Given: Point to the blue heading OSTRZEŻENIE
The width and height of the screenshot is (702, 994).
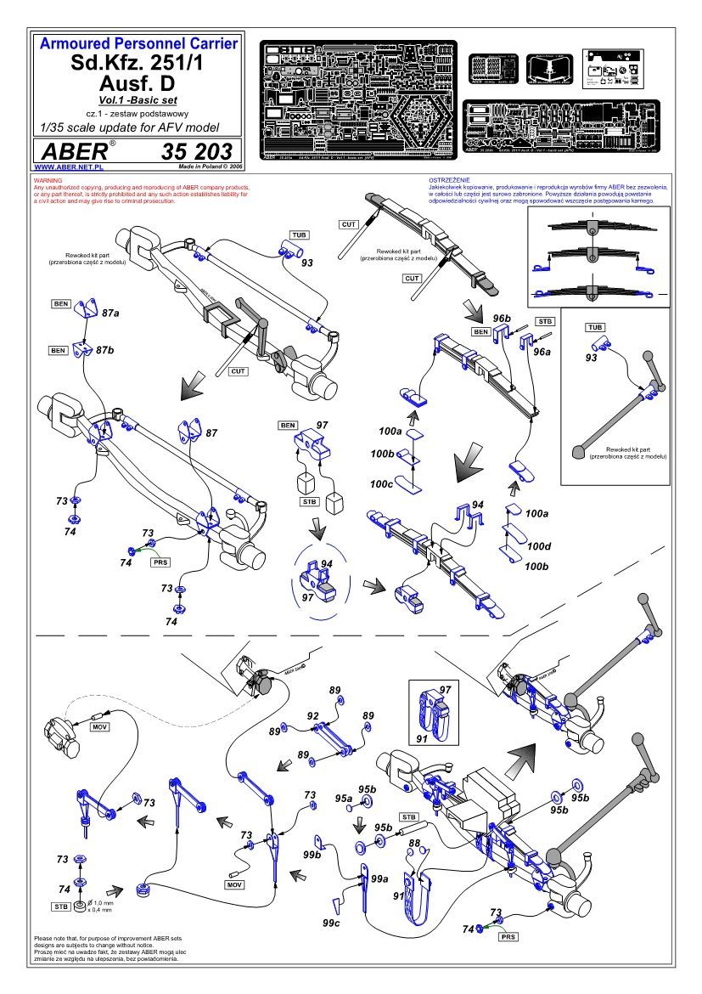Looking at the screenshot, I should click(450, 181).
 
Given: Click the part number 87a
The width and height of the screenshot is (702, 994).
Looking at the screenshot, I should click(110, 313).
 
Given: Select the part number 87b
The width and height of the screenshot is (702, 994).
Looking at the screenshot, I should click(105, 350).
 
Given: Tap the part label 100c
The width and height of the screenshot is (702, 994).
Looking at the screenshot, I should click(380, 483).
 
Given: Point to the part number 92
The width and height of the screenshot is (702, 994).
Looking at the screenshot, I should click(312, 715).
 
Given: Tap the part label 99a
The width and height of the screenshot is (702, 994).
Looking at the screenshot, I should click(379, 878).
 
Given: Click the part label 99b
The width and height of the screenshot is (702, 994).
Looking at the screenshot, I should click(313, 853).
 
